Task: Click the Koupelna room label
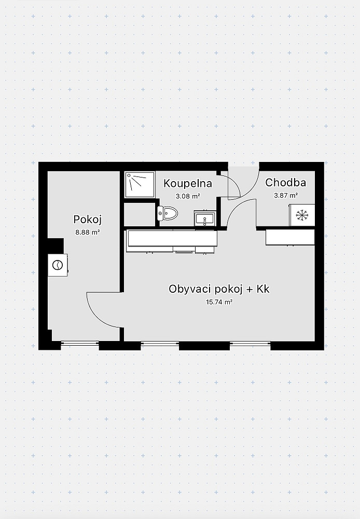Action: pyautogui.click(x=188, y=183)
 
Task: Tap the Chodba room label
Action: pyautogui.click(x=285, y=182)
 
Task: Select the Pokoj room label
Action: pyautogui.click(x=87, y=220)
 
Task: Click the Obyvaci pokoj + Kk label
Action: pyautogui.click(x=219, y=289)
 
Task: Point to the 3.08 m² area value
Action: pyautogui.click(x=188, y=196)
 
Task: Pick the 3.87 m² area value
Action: pyautogui.click(x=285, y=195)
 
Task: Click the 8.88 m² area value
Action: pyautogui.click(x=88, y=232)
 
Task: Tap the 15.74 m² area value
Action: pyautogui.click(x=219, y=302)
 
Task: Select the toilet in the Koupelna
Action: pyautogui.click(x=168, y=213)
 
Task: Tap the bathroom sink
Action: pyautogui.click(x=205, y=218)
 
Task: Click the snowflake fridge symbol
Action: pyautogui.click(x=302, y=215)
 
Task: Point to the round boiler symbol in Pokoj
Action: pyautogui.click(x=58, y=265)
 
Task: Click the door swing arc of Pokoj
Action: pyautogui.click(x=98, y=316)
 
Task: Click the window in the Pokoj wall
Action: pyautogui.click(x=80, y=343)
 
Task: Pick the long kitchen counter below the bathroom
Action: pyautogui.click(x=172, y=239)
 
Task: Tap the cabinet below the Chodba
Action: pyautogui.click(x=290, y=237)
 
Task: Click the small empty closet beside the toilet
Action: pyautogui.click(x=140, y=214)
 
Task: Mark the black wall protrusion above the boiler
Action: pyautogui.click(x=56, y=245)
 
